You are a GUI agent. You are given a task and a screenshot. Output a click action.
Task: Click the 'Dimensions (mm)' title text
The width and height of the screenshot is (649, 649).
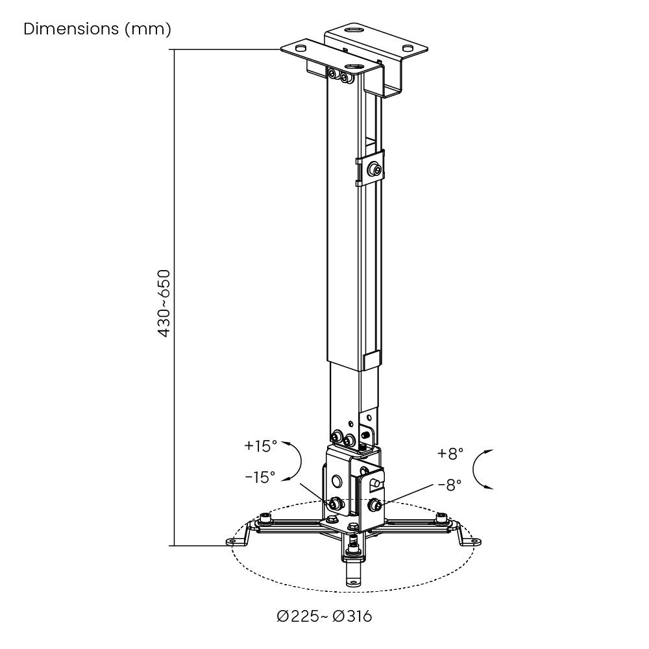[97, 29]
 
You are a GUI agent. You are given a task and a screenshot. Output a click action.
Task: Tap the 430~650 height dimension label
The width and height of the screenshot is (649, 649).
[164, 303]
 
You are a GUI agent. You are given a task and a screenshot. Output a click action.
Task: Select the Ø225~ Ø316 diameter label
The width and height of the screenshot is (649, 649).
[324, 616]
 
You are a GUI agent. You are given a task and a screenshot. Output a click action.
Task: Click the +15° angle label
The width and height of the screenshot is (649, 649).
[260, 446]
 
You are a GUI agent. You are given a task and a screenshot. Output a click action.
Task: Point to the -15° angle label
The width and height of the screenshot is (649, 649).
[260, 477]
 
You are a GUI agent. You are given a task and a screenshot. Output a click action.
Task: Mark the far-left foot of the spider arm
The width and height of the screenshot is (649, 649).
[232, 541]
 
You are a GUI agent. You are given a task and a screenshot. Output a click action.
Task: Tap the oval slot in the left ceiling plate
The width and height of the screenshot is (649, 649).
[300, 48]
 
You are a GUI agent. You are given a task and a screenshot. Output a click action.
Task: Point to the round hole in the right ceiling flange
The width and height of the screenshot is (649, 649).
[407, 48]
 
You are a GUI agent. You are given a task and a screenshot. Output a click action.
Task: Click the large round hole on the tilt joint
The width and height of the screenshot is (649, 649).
[336, 481]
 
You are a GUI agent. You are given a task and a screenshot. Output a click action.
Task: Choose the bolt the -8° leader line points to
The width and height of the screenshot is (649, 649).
[374, 504]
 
